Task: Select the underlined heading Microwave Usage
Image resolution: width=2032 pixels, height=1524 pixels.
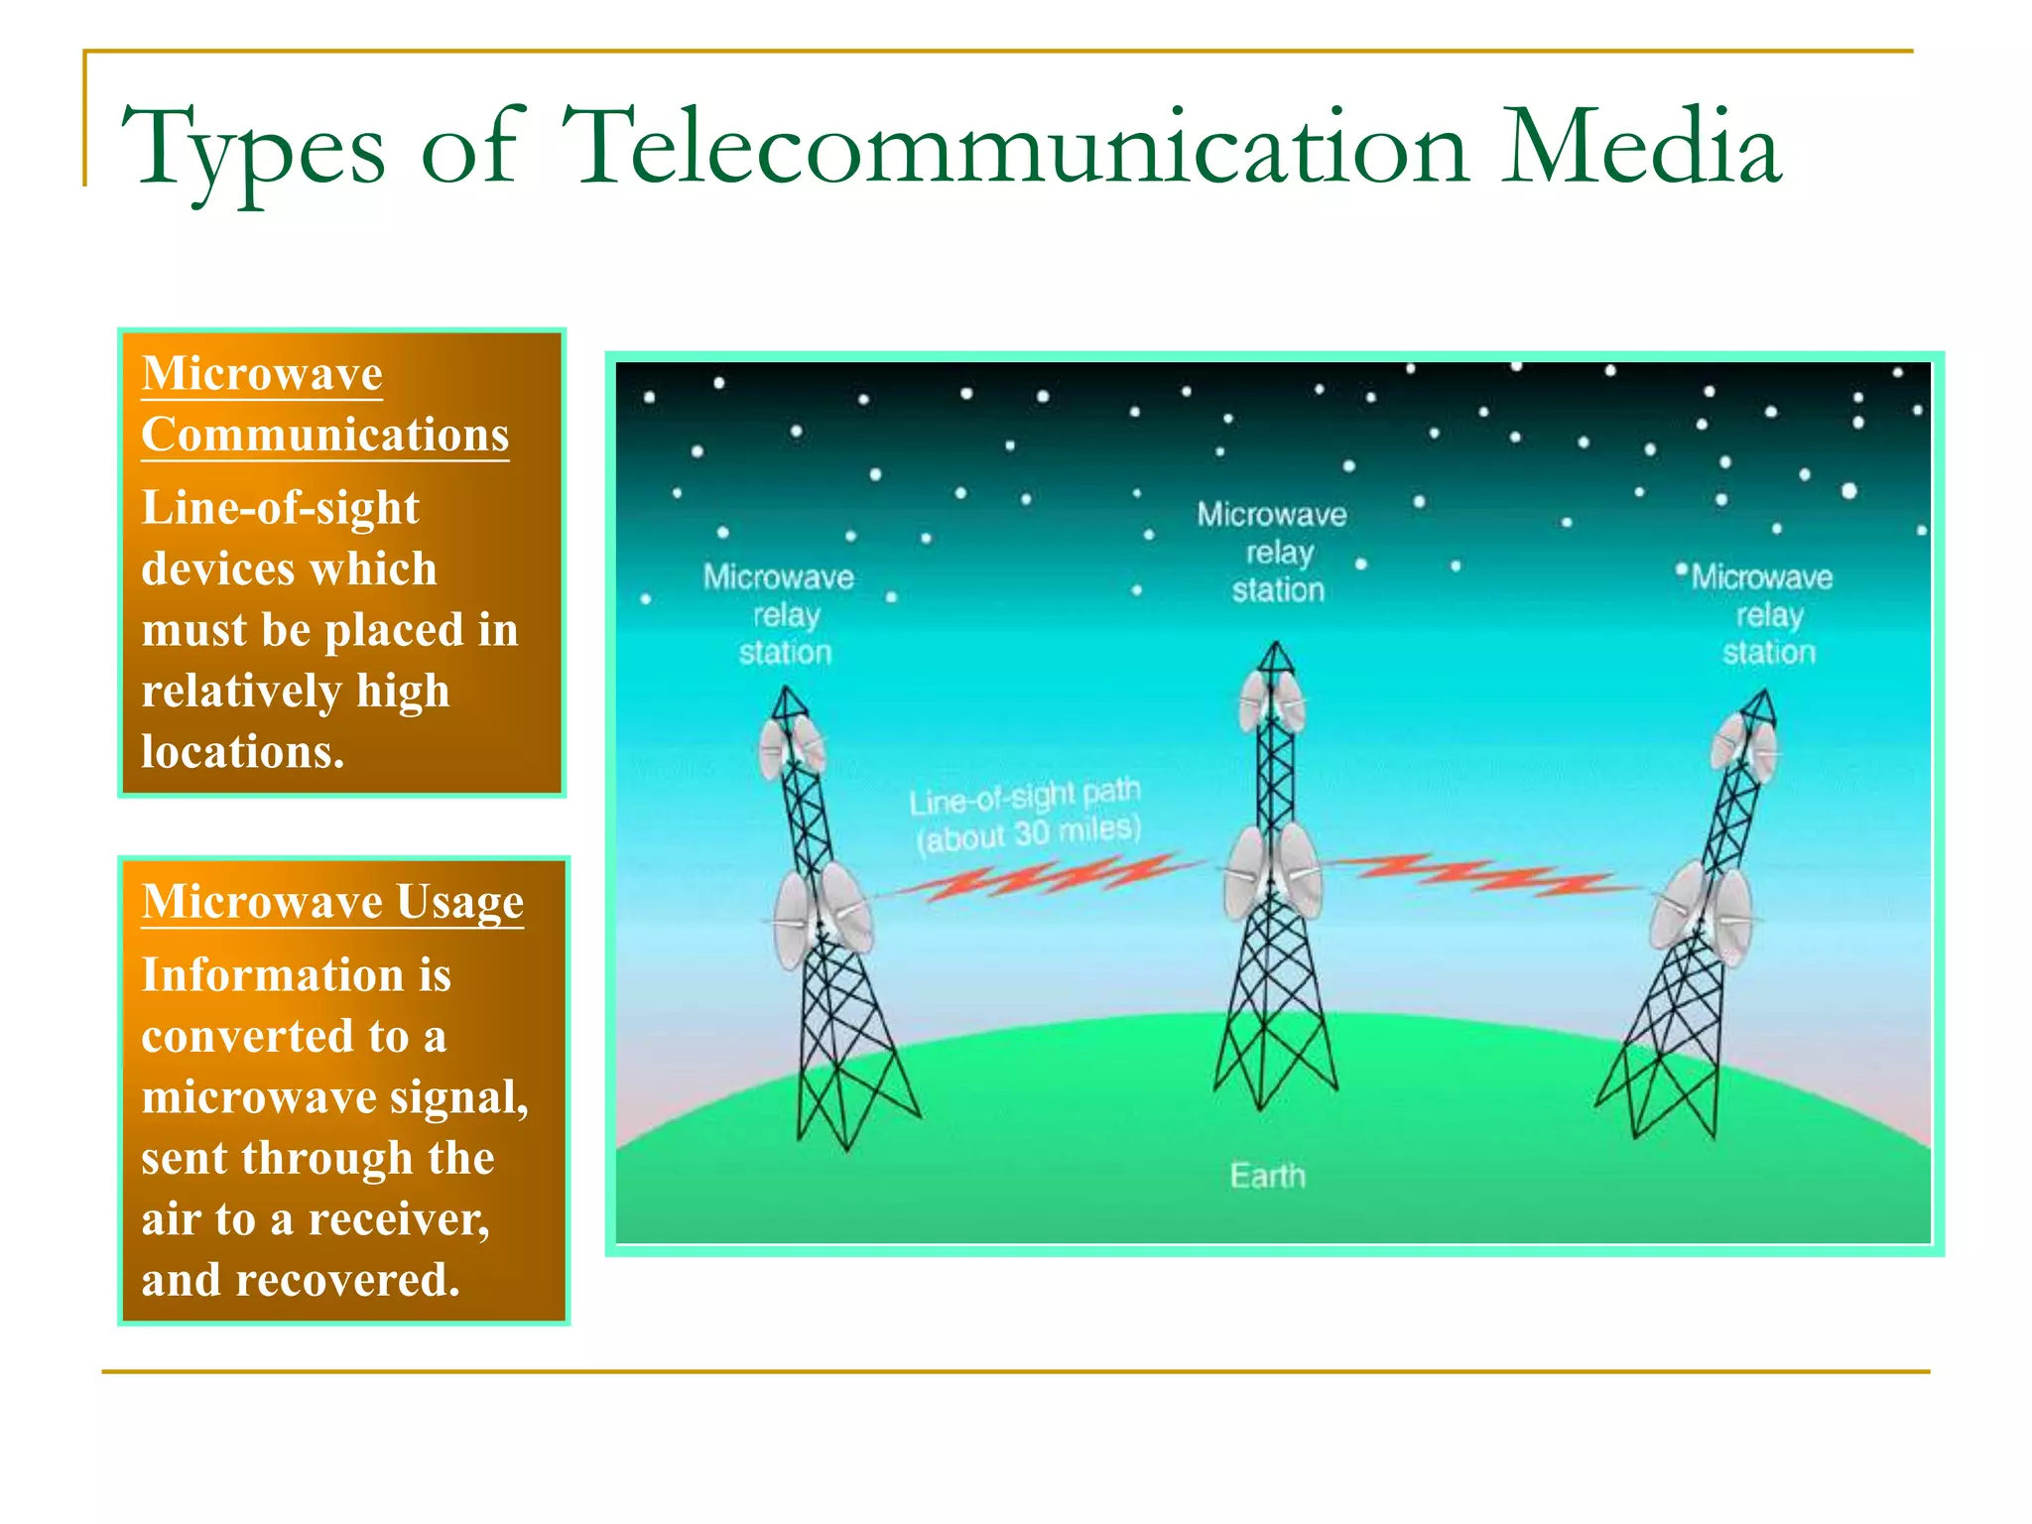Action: pyautogui.click(x=332, y=902)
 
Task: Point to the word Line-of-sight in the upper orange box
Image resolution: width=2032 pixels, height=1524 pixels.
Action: pyautogui.click(x=281, y=508)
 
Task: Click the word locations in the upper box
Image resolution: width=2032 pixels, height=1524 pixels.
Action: pyautogui.click(x=242, y=752)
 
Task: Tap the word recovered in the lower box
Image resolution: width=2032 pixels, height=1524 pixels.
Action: pyautogui.click(x=347, y=1280)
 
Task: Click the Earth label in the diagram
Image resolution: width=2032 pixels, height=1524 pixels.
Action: pyautogui.click(x=1267, y=1176)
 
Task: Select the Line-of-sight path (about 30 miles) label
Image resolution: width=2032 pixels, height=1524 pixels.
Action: pyautogui.click(x=1026, y=814)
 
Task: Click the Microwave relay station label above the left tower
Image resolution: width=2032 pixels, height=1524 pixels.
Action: pyautogui.click(x=781, y=614)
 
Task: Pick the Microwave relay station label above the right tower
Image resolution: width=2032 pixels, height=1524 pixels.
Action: pyautogui.click(x=1764, y=614)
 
